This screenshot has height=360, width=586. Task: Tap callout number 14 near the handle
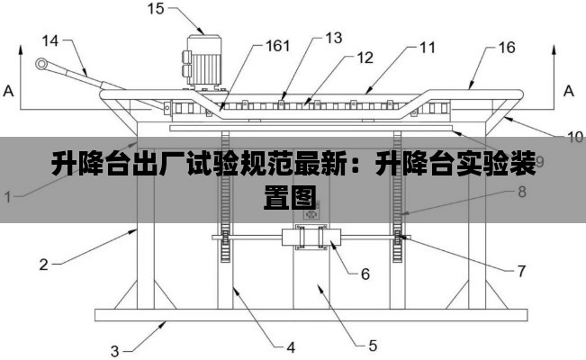tap(50, 40)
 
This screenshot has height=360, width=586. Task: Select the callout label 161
tap(276, 46)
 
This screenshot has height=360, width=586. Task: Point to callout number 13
tap(333, 38)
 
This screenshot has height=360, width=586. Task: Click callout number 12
tap(363, 58)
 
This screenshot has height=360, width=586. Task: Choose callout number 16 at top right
tap(506, 46)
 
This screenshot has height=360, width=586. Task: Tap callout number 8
tap(521, 191)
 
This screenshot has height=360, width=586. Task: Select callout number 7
tap(521, 269)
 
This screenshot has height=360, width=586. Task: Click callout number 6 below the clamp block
tap(365, 274)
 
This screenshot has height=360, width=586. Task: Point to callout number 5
tap(373, 343)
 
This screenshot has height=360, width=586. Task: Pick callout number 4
tap(291, 346)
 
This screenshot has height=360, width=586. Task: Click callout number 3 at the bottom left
tap(114, 349)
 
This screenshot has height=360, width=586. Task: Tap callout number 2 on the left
tap(42, 265)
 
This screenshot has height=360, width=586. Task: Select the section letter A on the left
tap(9, 91)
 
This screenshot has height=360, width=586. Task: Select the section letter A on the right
tap(568, 91)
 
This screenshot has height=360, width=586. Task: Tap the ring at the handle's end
tap(41, 64)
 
